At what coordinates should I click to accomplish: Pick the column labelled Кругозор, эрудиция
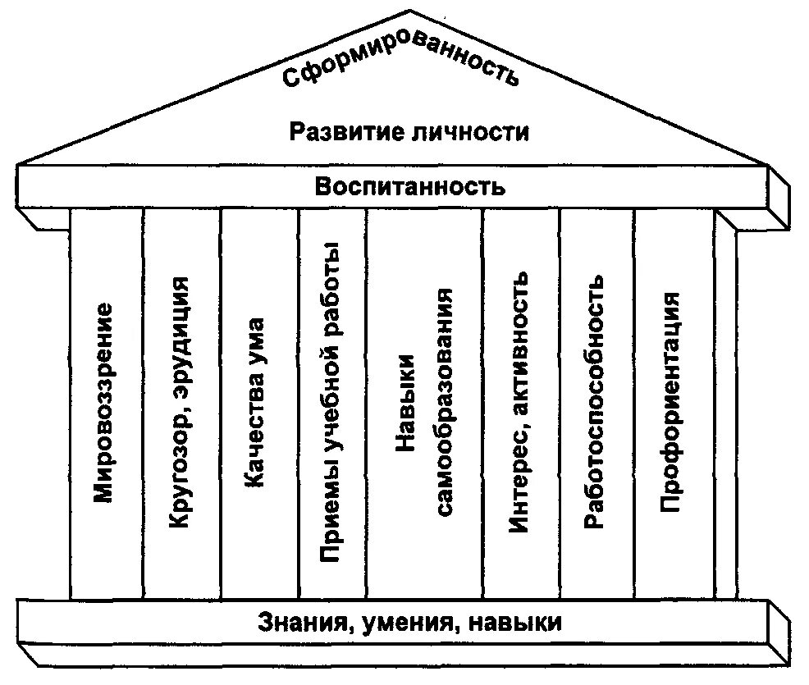pyautogui.click(x=181, y=402)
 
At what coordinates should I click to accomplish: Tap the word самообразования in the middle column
pyautogui.click(x=444, y=402)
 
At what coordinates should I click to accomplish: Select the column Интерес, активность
pyautogui.click(x=522, y=402)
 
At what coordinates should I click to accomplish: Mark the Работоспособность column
pyautogui.click(x=596, y=402)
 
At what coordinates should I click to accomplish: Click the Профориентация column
pyautogui.click(x=671, y=402)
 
